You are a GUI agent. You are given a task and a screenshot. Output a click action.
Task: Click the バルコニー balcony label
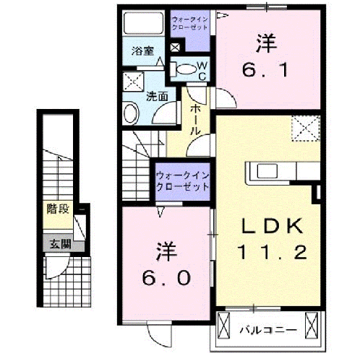coord(267,330)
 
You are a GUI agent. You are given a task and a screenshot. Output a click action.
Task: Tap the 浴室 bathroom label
coord(142,51)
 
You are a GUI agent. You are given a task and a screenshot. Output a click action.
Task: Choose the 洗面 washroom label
coord(157,95)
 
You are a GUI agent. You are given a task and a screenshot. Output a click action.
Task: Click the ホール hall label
coord(195,120)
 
